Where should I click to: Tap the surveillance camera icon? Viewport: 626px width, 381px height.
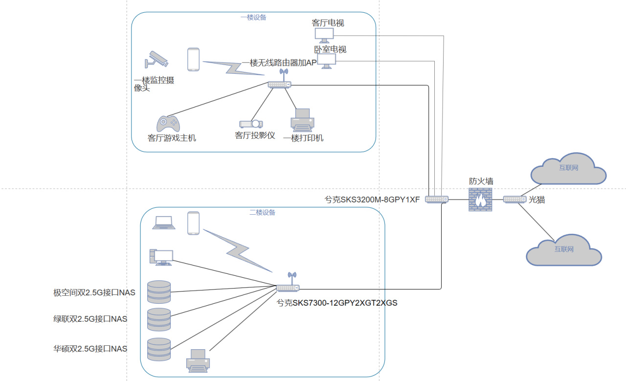click(x=156, y=59)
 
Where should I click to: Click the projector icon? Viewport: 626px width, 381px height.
click(x=251, y=124)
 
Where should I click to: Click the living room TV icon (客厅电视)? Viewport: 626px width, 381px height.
click(x=324, y=35)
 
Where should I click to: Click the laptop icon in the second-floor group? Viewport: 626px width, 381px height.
click(x=164, y=223)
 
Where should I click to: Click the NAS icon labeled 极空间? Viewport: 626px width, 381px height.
click(x=159, y=292)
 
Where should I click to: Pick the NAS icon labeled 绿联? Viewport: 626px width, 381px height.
click(x=159, y=320)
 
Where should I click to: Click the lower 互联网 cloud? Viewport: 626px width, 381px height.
click(x=563, y=250)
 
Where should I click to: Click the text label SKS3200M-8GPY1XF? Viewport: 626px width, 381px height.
click(x=372, y=199)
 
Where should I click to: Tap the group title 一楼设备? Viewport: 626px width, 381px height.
click(x=253, y=17)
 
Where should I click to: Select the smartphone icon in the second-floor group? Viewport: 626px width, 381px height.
click(x=194, y=223)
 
